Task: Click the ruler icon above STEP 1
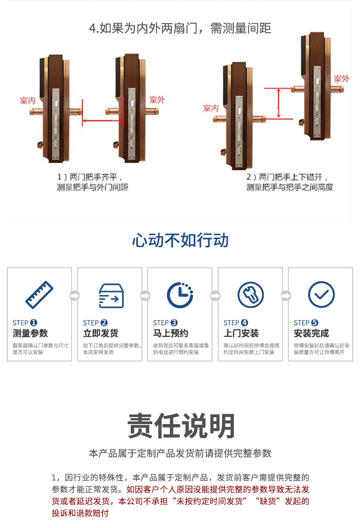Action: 39,295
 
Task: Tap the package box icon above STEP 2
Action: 111,296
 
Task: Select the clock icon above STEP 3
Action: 180,295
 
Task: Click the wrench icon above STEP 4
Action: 251,295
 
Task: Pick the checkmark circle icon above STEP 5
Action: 321,295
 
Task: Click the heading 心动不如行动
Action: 180,241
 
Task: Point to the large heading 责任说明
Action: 181,426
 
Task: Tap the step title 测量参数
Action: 31,333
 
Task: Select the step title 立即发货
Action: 101,333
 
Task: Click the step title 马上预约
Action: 171,333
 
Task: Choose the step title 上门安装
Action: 241,333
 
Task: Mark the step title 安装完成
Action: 312,333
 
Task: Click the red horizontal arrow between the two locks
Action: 103,120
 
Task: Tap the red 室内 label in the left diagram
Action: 28,100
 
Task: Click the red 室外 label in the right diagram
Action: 341,79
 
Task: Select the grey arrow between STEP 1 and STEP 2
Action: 74,296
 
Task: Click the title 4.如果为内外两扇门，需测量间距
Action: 180,28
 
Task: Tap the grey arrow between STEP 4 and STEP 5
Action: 286,296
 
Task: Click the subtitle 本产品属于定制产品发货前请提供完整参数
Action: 180,453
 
